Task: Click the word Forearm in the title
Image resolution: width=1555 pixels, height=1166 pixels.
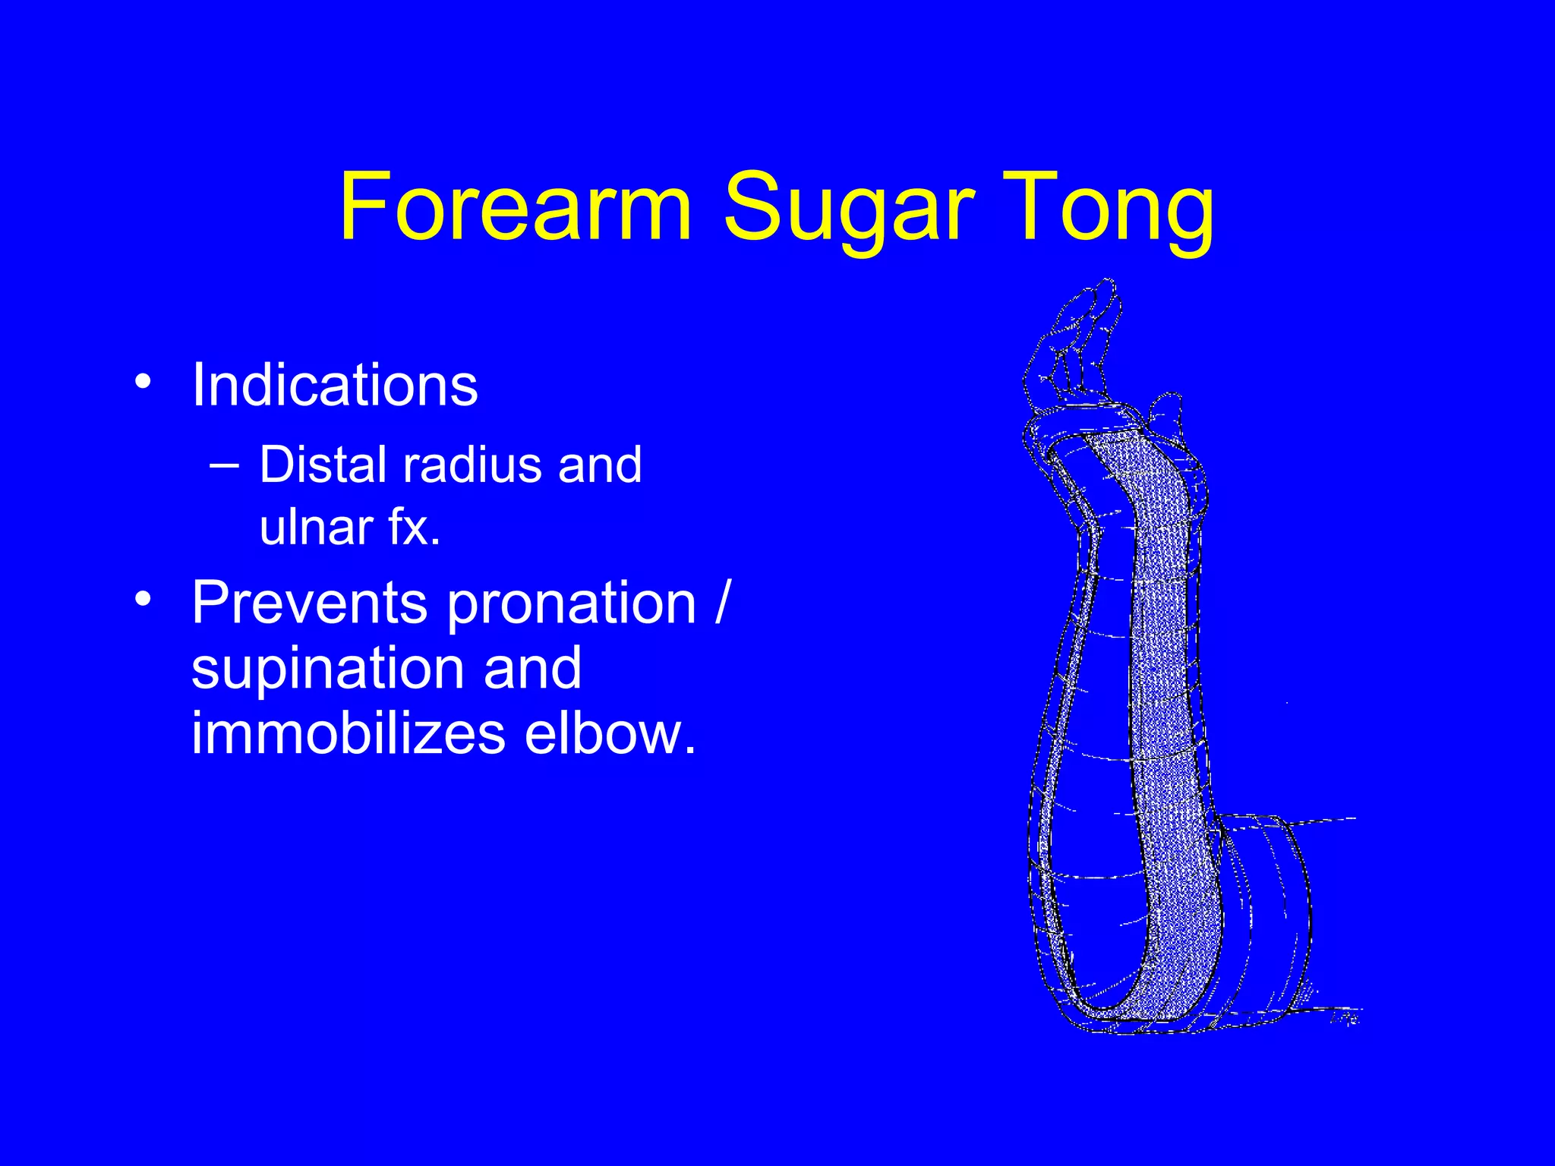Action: click(515, 206)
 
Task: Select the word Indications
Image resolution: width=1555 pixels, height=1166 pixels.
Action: click(334, 385)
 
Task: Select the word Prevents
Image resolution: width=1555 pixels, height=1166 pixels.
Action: click(309, 603)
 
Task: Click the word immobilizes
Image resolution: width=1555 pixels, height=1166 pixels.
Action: click(347, 733)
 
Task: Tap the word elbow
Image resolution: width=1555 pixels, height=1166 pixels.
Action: click(609, 733)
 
